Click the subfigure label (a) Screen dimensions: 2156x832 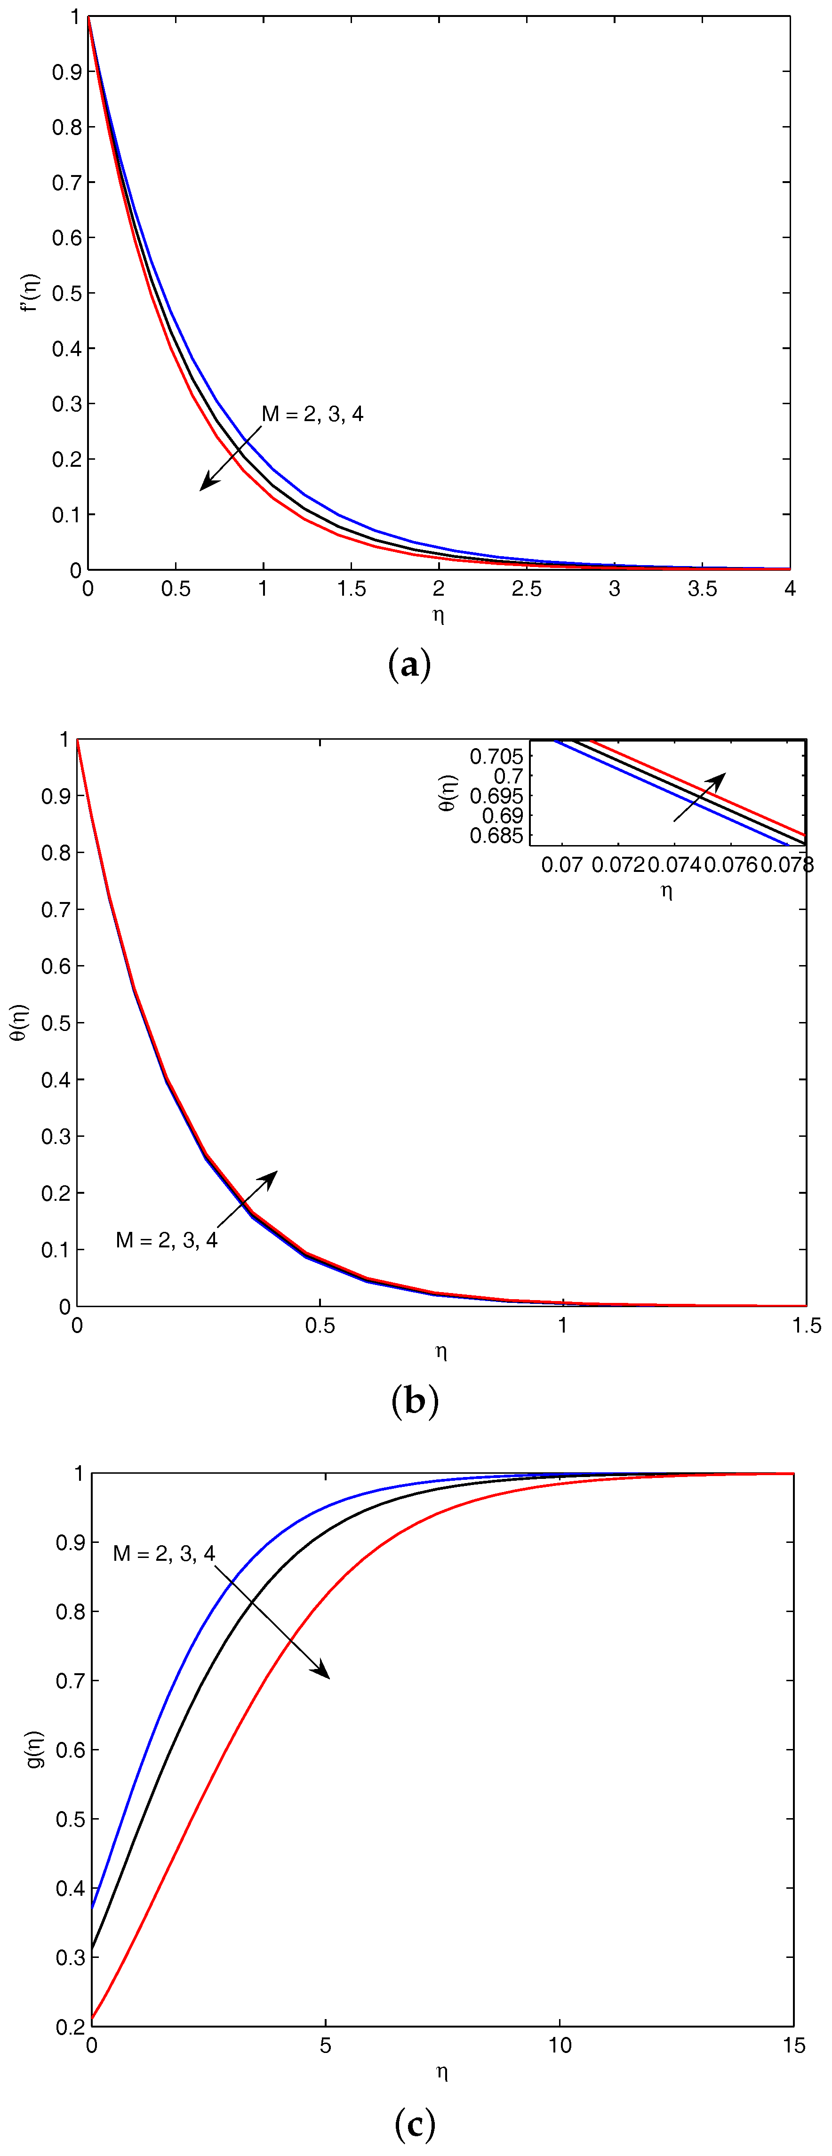click(410, 665)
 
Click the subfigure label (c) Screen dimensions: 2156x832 click(414, 2124)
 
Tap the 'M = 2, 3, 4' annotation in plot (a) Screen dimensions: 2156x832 click(312, 414)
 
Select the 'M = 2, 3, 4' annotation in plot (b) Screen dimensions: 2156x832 click(167, 1240)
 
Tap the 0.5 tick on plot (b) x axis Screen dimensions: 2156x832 click(320, 1326)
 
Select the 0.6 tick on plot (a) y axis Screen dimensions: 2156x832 click(67, 238)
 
